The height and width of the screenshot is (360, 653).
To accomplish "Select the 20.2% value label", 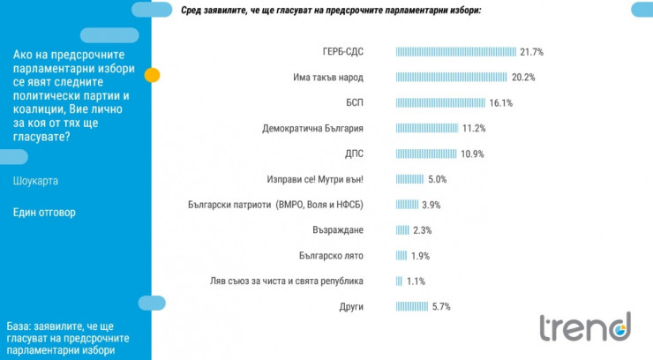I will tap(525, 77).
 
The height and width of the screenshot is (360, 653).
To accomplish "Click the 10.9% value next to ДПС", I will tap(472, 154).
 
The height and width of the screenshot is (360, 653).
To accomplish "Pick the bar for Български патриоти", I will tap(407, 205).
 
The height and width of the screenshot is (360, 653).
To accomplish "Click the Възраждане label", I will tap(339, 230).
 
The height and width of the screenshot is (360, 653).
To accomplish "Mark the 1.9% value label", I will tap(420, 256).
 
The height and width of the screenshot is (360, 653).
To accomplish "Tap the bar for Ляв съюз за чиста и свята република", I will tap(399, 281).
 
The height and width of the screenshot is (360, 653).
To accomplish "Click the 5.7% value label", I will tap(440, 307).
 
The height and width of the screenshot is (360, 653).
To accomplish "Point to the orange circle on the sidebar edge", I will tap(152, 75).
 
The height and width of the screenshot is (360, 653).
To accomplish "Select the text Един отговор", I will tap(45, 213).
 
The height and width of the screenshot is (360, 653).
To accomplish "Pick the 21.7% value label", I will tap(531, 51).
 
